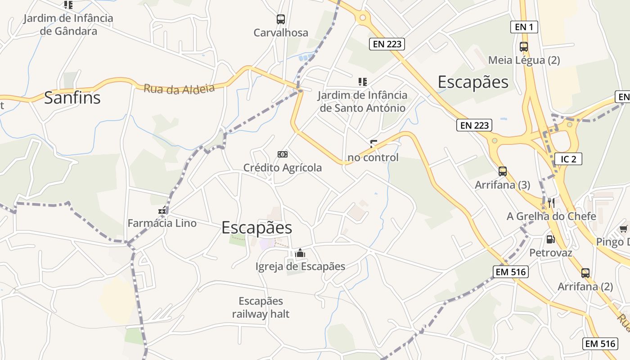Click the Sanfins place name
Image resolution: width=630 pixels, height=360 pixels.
(x=72, y=98)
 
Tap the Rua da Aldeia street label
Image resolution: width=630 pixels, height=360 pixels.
(x=179, y=88)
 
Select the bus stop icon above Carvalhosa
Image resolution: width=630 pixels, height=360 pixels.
(x=281, y=19)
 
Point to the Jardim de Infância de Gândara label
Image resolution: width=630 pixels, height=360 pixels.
(x=68, y=25)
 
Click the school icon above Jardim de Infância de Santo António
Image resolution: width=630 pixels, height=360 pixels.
(x=362, y=81)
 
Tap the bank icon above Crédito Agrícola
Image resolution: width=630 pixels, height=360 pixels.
(x=283, y=154)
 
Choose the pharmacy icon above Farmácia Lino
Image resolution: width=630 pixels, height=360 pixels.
(x=162, y=211)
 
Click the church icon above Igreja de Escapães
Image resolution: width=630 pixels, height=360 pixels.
(x=300, y=254)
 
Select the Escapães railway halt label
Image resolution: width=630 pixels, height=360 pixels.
(x=261, y=307)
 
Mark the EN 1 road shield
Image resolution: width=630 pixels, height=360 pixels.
(x=524, y=27)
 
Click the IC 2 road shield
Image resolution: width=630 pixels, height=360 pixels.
(x=568, y=159)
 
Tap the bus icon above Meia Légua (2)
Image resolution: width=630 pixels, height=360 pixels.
(x=524, y=46)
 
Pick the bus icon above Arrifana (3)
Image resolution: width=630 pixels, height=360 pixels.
(x=503, y=171)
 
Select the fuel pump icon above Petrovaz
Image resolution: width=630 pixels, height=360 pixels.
(x=550, y=239)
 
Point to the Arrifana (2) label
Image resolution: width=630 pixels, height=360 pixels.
(x=585, y=287)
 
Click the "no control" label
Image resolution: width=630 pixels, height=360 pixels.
(x=373, y=157)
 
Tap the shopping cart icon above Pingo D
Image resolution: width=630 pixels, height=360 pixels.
(x=623, y=229)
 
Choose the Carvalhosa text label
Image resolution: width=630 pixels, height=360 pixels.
(x=281, y=33)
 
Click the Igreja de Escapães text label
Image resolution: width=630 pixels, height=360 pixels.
(x=300, y=266)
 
